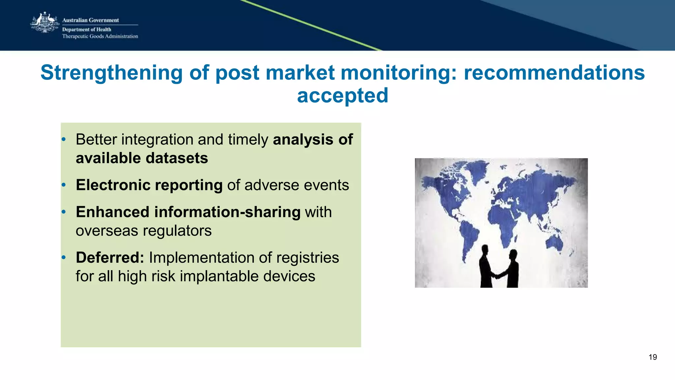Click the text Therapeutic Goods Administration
pyautogui.click(x=100, y=36)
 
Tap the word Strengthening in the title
pyautogui.click(x=111, y=73)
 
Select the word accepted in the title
pyautogui.click(x=342, y=96)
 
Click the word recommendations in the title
pyautogui.click(x=554, y=73)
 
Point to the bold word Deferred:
pyautogui.click(x=110, y=258)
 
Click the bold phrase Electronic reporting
pyautogui.click(x=149, y=185)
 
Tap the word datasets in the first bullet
pyautogui.click(x=177, y=158)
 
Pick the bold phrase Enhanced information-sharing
pyautogui.click(x=188, y=212)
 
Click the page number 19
pyautogui.click(x=653, y=357)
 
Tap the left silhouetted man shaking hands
pyautogui.click(x=486, y=267)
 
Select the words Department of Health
pyautogui.click(x=87, y=29)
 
